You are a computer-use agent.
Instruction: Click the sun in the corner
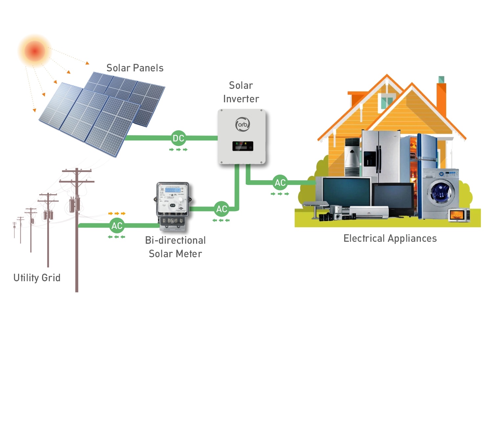tap(34, 51)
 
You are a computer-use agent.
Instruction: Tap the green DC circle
tap(178, 138)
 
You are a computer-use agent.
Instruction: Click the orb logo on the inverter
tap(243, 124)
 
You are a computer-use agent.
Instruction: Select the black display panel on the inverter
tap(243, 146)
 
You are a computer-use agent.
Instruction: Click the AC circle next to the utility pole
tap(117, 226)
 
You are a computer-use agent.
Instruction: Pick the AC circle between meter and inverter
tap(222, 209)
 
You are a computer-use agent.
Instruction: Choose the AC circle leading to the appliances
tap(280, 183)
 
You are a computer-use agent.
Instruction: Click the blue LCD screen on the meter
tap(172, 190)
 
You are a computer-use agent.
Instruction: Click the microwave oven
tap(459, 215)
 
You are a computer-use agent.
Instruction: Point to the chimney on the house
tap(441, 95)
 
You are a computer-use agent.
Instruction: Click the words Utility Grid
tap(37, 278)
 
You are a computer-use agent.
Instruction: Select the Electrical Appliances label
tap(390, 238)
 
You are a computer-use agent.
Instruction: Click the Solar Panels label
tap(135, 68)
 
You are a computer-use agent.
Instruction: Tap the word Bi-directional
tap(175, 240)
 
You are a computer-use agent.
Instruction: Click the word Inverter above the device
tap(241, 99)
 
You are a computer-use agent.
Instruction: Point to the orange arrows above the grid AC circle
tap(117, 213)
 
